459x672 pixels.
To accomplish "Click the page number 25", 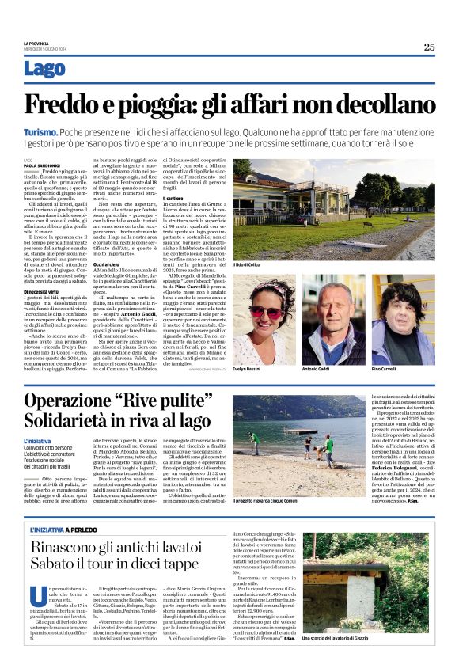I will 428,47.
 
